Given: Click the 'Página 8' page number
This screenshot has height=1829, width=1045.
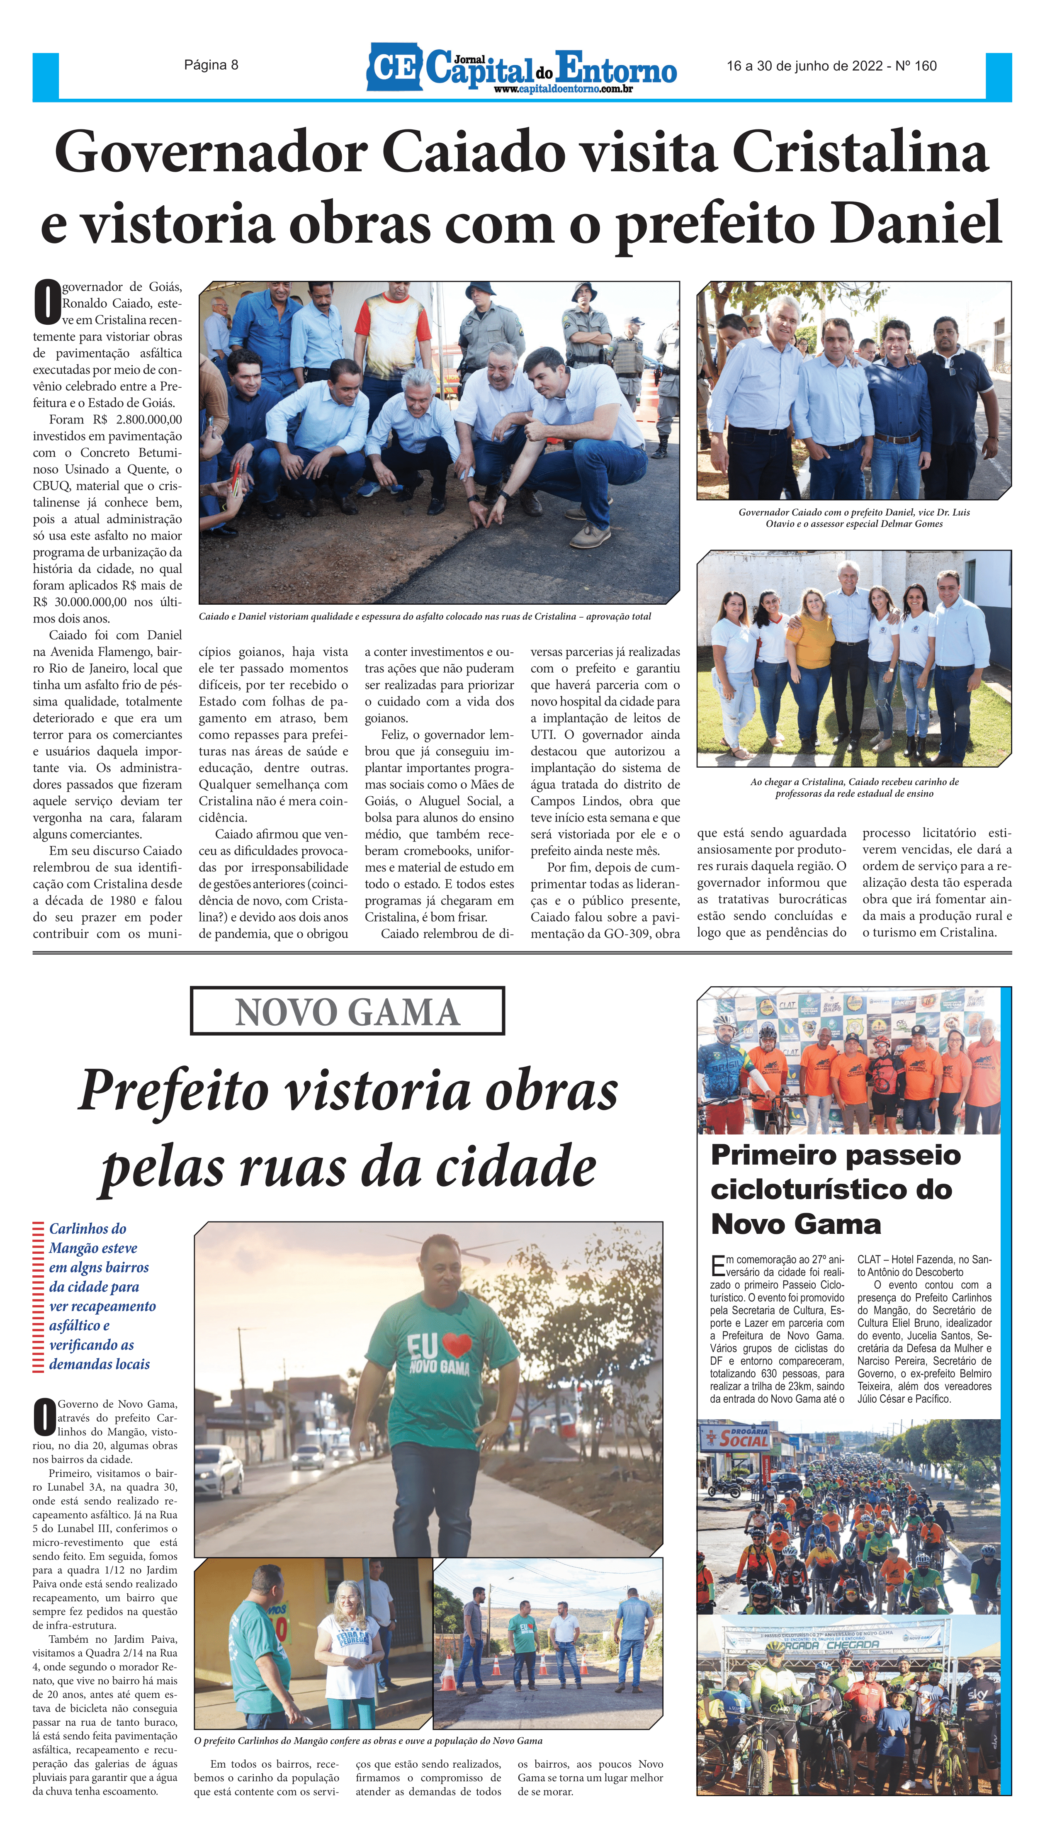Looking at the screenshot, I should [211, 66].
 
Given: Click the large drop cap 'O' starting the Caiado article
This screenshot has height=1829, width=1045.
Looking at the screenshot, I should [46, 302].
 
